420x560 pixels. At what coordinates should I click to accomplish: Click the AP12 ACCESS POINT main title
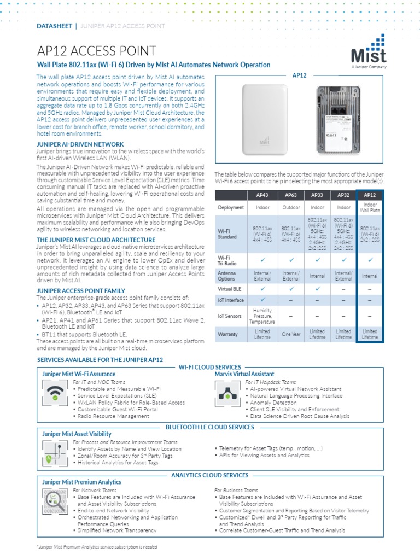pyautogui.click(x=96, y=51)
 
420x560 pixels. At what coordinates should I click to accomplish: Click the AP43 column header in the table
pyautogui.click(x=262, y=195)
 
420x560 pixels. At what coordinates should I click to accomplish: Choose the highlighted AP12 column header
pyautogui.click(x=370, y=195)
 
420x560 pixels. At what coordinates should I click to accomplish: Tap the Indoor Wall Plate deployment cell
pyautogui.click(x=370, y=208)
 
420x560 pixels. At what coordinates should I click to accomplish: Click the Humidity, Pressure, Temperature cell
pyautogui.click(x=262, y=316)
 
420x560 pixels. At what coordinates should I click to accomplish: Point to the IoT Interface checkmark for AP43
pyautogui.click(x=262, y=300)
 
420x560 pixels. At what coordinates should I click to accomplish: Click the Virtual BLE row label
pyautogui.click(x=230, y=288)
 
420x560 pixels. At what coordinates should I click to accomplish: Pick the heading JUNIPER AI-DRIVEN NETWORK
pyautogui.click(x=80, y=144)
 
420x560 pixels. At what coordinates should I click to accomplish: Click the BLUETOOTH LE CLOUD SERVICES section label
pyautogui.click(x=209, y=426)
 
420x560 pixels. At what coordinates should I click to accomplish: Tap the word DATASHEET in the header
pyautogui.click(x=54, y=26)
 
